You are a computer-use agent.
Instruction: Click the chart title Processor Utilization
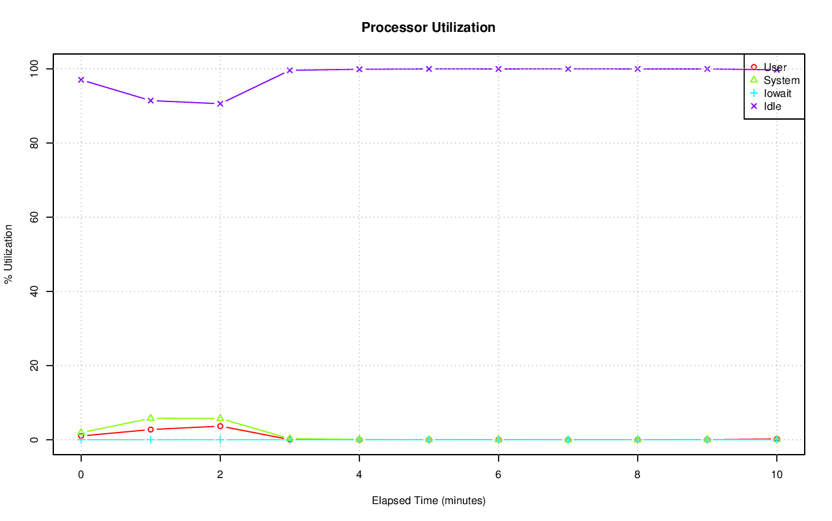(x=428, y=27)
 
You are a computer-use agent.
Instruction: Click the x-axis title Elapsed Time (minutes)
(x=428, y=501)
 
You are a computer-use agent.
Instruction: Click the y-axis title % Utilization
(x=8, y=254)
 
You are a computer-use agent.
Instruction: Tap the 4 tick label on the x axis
(x=359, y=474)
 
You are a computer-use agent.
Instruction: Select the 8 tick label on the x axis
(x=638, y=474)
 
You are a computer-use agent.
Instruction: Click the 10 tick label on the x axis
(x=776, y=474)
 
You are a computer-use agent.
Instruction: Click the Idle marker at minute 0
(x=81, y=80)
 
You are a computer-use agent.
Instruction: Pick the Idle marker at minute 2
(x=220, y=103)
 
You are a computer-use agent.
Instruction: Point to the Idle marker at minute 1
(x=151, y=100)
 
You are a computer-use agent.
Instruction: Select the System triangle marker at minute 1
(x=151, y=418)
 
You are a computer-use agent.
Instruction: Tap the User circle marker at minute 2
(x=220, y=426)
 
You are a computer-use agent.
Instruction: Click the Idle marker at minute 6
(x=499, y=69)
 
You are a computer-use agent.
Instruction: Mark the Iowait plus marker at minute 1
(x=151, y=440)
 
